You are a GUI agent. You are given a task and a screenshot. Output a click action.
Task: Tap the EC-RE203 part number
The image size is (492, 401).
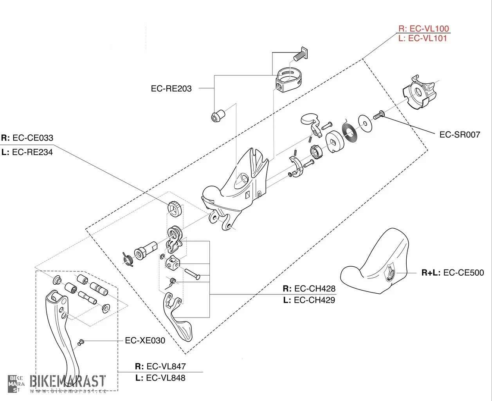(171, 89)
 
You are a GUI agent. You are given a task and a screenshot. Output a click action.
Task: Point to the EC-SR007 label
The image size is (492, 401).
(460, 134)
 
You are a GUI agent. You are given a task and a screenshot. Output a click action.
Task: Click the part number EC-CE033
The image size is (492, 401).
(33, 138)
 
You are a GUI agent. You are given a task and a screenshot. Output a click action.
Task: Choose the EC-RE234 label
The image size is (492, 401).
(32, 152)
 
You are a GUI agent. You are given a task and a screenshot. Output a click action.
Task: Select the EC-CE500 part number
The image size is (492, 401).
(463, 273)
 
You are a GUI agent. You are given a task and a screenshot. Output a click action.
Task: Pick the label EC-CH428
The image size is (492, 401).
(315, 289)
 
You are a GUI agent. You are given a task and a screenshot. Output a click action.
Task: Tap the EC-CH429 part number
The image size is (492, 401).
(314, 300)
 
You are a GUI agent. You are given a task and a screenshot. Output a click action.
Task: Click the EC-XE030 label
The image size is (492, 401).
(145, 340)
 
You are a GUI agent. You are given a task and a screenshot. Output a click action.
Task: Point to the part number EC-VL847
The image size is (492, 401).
(166, 366)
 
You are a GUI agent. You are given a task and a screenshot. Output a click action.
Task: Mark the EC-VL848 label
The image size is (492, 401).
(166, 378)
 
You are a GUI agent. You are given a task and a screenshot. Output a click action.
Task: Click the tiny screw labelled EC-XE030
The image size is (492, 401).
(81, 342)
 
